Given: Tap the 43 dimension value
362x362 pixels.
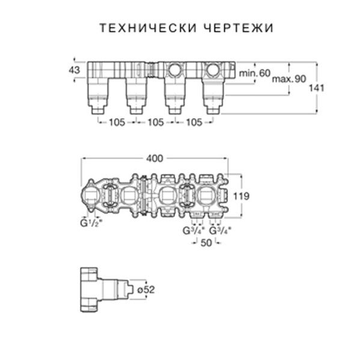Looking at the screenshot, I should (75, 70).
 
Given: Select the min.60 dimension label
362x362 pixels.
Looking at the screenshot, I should (254, 72).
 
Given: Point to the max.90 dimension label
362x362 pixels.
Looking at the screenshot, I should (289, 79).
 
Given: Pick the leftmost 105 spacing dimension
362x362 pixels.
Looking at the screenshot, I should (116, 122).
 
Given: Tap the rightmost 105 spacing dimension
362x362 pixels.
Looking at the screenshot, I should (194, 122).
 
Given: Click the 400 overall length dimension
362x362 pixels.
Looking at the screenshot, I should (155, 158).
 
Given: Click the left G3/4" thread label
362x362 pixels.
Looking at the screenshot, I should (194, 231).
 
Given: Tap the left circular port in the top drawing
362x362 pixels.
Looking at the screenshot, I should (176, 70).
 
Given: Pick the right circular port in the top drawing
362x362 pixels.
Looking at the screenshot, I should (213, 70).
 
